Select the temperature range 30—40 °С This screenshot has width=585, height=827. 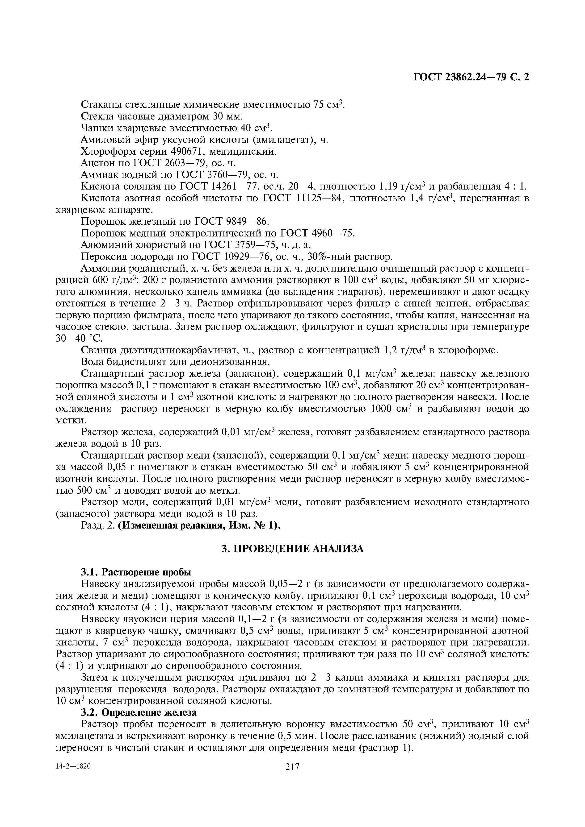[79, 339]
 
